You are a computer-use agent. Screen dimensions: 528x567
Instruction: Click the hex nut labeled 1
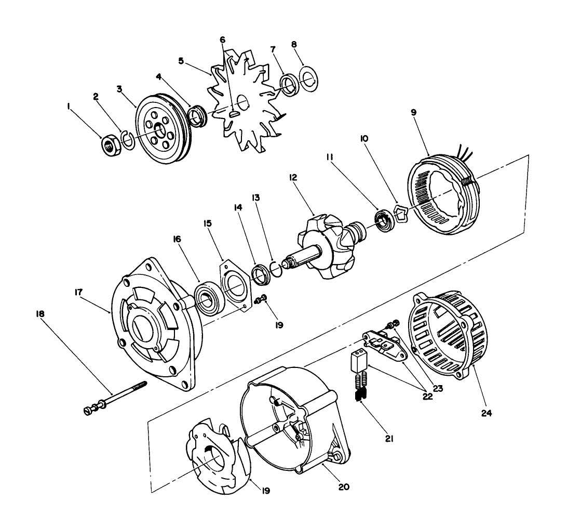(x=110, y=146)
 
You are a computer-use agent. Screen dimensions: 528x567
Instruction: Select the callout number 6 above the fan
(x=222, y=39)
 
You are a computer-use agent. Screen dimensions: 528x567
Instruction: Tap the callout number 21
(x=389, y=439)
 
